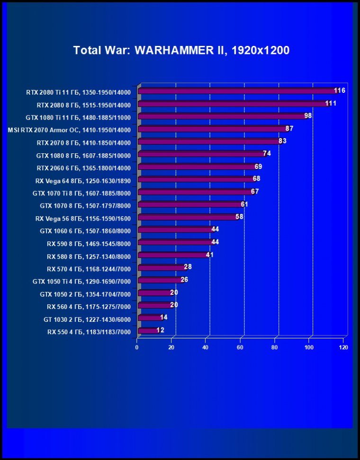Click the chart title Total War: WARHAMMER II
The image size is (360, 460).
pyautogui.click(x=181, y=50)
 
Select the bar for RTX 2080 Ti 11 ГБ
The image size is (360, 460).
pyautogui.click(x=237, y=91)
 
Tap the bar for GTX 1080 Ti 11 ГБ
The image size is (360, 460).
pyautogui.click(x=223, y=116)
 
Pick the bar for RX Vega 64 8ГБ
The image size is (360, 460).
pyautogui.click(x=197, y=179)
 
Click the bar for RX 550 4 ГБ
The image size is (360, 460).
pyautogui.click(x=148, y=330)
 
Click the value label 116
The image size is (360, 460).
pyautogui.click(x=339, y=90)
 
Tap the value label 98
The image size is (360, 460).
pyautogui.click(x=308, y=115)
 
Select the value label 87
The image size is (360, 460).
pyautogui.click(x=289, y=128)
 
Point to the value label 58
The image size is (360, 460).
pyautogui.click(x=239, y=216)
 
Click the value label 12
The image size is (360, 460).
pyautogui.click(x=160, y=330)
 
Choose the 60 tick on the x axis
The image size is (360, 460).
pyautogui.click(x=240, y=347)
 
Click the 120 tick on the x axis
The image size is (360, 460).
pyautogui.click(x=343, y=347)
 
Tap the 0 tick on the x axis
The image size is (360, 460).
pyautogui.click(x=137, y=347)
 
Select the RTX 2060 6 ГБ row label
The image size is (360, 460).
pyautogui.click(x=83, y=168)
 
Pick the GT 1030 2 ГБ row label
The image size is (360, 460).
pyautogui.click(x=87, y=319)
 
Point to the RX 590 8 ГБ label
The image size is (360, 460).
pyautogui.click(x=89, y=243)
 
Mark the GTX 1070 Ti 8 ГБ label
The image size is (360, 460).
pyautogui.click(x=81, y=193)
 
